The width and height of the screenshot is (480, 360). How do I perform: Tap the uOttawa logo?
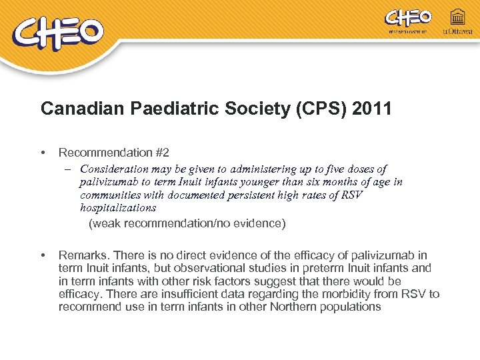pyautogui.click(x=457, y=23)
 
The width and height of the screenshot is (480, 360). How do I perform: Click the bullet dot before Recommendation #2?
pyautogui.click(x=43, y=153)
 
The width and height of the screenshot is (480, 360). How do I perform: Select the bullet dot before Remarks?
pyautogui.click(x=43, y=255)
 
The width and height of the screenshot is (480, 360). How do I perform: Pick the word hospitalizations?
pyautogui.click(x=118, y=207)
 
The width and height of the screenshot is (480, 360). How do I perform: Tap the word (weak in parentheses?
pyautogui.click(x=105, y=223)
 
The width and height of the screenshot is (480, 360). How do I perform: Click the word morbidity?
pyautogui.click(x=347, y=294)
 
